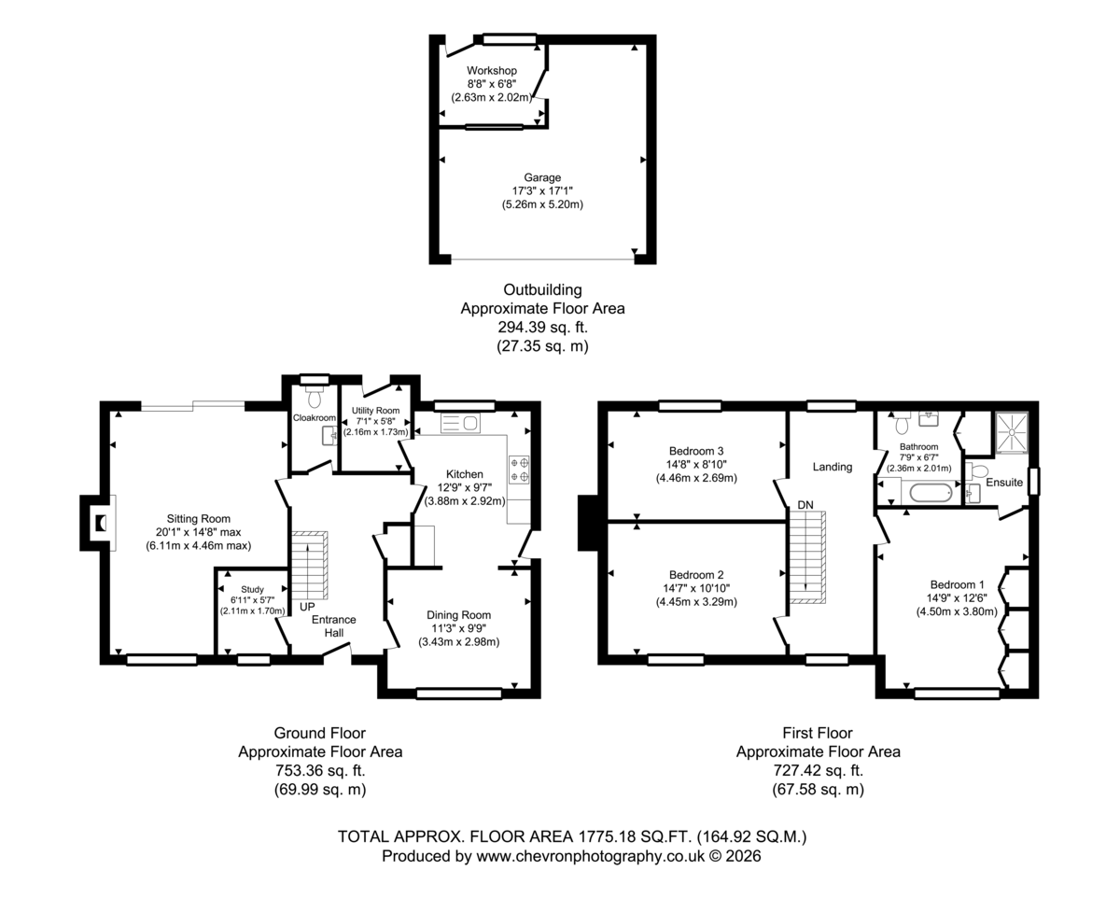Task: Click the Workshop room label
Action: pyautogui.click(x=491, y=70)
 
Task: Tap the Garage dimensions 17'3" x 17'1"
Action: pyautogui.click(x=542, y=191)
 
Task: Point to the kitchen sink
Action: pyautogui.click(x=460, y=423)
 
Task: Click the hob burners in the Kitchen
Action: pyautogui.click(x=519, y=469)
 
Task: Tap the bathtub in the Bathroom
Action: pyautogui.click(x=931, y=493)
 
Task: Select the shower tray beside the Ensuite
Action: pyautogui.click(x=1012, y=431)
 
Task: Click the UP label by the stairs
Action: pyautogui.click(x=307, y=607)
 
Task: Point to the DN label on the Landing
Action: pyautogui.click(x=805, y=505)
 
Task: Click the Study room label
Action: pyautogui.click(x=252, y=589)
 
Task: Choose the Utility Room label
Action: pyautogui.click(x=375, y=410)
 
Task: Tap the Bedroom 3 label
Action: pyautogui.click(x=696, y=451)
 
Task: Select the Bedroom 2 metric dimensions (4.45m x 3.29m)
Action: pyautogui.click(x=696, y=602)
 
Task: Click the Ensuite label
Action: pyautogui.click(x=1004, y=482)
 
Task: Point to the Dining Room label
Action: pyautogui.click(x=458, y=615)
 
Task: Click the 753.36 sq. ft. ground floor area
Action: pyautogui.click(x=320, y=770)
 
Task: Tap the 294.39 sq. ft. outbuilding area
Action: pyautogui.click(x=542, y=327)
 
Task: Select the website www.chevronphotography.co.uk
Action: pyautogui.click(x=590, y=856)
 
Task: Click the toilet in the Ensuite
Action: pyautogui.click(x=977, y=471)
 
